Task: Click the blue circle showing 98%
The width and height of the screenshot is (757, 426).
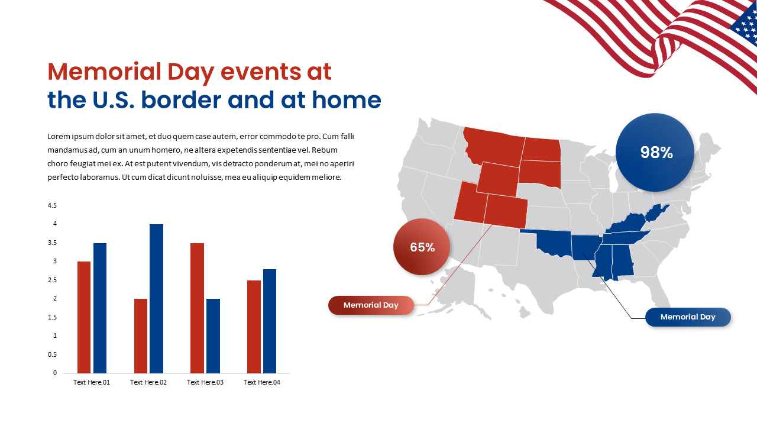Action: (x=655, y=153)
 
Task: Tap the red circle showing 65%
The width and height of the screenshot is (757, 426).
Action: (x=422, y=247)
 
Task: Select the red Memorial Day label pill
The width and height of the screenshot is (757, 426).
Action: (x=371, y=305)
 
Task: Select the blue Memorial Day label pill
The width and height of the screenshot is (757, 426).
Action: (x=688, y=317)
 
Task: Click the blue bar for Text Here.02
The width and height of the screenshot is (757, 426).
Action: (x=156, y=299)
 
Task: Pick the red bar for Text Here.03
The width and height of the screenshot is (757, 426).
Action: (x=197, y=308)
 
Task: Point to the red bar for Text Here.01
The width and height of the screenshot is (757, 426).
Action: (x=84, y=317)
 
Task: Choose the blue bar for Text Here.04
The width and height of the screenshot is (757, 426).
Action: (x=270, y=321)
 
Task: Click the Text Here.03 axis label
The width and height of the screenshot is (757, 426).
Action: (x=205, y=382)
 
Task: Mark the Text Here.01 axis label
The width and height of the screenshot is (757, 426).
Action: (x=92, y=382)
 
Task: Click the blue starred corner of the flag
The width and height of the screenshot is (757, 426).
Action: (x=745, y=27)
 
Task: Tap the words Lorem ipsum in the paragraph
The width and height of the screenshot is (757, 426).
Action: (x=70, y=137)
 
